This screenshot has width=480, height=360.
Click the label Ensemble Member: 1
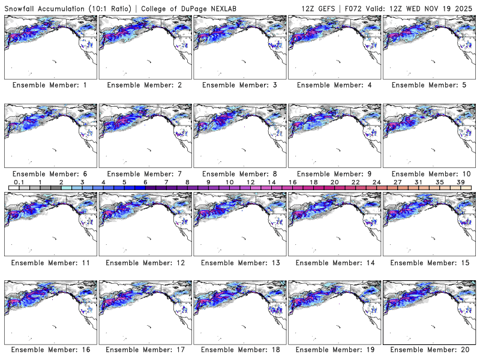pyautogui.click(x=49, y=85)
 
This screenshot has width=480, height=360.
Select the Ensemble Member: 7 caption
pyautogui.click(x=144, y=173)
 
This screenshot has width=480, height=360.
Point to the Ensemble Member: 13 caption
pyautogui.click(x=239, y=262)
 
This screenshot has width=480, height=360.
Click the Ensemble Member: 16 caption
pyautogui.click(x=49, y=350)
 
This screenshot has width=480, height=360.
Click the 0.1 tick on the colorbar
pyautogui.click(x=19, y=182)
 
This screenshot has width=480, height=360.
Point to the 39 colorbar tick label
pyautogui.click(x=460, y=182)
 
